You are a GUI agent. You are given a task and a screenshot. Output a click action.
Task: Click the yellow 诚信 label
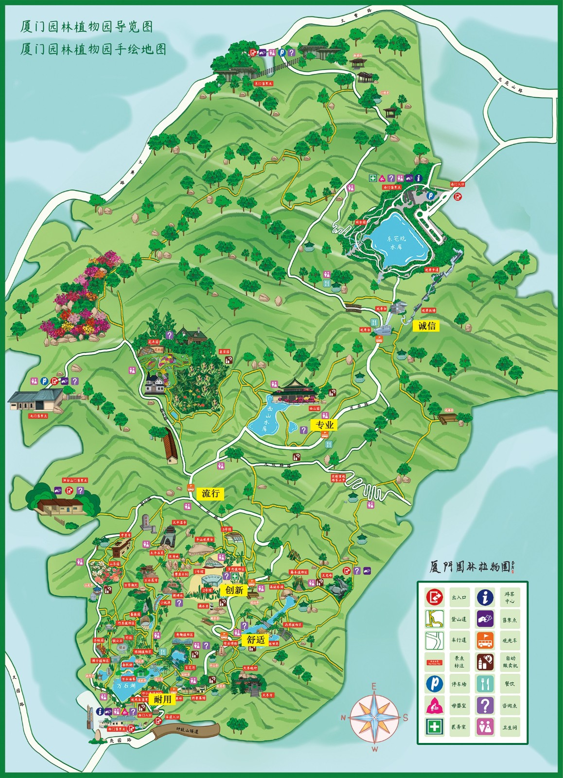pos(426,326)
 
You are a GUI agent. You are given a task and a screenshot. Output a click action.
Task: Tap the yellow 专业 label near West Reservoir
pos(324,425)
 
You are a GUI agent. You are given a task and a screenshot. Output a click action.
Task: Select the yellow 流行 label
pos(211,493)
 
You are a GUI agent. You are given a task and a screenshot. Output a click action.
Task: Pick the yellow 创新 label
pos(234,590)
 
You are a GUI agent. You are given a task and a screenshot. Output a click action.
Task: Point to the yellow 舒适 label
pos(256,640)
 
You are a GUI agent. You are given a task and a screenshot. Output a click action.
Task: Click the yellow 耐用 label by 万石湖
pos(163,699)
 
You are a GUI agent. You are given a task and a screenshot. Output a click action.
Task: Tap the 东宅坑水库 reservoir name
pos(396,242)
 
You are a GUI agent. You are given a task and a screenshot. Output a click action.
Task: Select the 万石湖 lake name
pos(126,686)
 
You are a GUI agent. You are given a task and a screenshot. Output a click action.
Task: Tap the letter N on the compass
pos(343,718)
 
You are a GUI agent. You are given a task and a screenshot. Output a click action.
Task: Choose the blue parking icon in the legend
pos(434,684)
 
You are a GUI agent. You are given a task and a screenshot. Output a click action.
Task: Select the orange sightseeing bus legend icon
pos(485,640)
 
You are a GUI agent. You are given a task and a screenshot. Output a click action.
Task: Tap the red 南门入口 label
pos(457,184)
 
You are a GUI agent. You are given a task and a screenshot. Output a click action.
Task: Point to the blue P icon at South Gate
pos(430,195)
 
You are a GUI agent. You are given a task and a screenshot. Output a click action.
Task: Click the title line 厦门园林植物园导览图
pos(87,26)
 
